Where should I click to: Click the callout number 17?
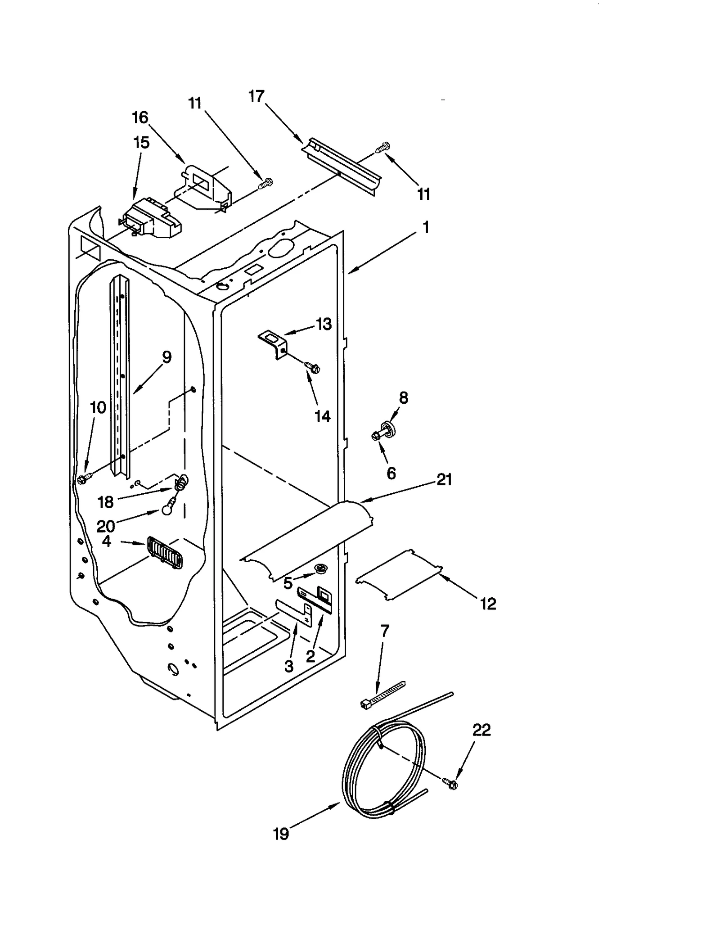point(256,96)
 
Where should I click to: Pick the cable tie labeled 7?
point(382,695)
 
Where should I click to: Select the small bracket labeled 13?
point(273,344)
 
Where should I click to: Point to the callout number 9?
point(166,357)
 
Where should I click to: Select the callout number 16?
point(140,117)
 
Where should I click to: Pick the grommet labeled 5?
point(320,569)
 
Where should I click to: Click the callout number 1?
point(425,227)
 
